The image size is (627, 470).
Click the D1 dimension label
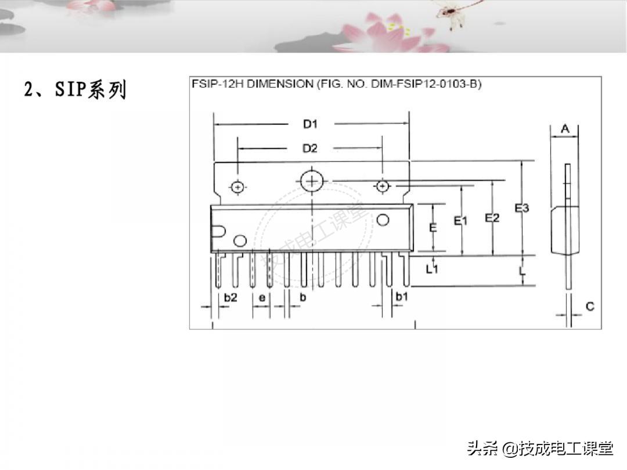(x=310, y=124)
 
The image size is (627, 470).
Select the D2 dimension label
(x=310, y=149)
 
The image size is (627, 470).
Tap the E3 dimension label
(x=522, y=208)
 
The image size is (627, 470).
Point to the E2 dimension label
(x=492, y=218)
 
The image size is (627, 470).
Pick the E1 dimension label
(x=460, y=220)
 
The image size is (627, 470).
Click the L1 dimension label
(x=432, y=269)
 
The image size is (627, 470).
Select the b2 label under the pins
(x=230, y=297)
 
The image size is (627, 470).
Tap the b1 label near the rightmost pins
(x=402, y=297)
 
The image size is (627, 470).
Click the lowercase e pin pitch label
(x=262, y=298)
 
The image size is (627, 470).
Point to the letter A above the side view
(x=565, y=129)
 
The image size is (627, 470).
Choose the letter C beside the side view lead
(x=590, y=306)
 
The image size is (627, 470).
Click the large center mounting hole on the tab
(x=312, y=182)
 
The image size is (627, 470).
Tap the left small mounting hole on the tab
(x=238, y=187)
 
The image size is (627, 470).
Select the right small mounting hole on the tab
(x=383, y=186)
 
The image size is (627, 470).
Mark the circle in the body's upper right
(x=383, y=220)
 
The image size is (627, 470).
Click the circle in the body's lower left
(x=240, y=241)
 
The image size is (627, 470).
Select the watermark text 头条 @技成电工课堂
(x=540, y=449)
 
